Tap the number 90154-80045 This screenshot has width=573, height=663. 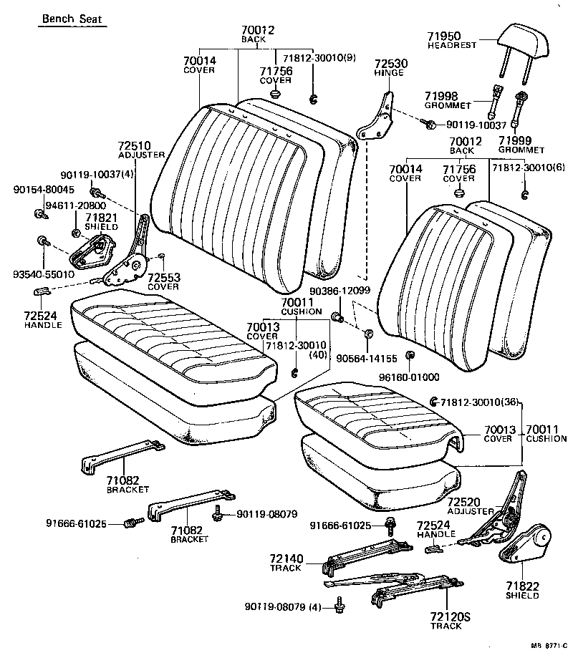43,190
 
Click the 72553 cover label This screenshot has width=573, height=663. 164,277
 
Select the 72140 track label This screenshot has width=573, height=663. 286,558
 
